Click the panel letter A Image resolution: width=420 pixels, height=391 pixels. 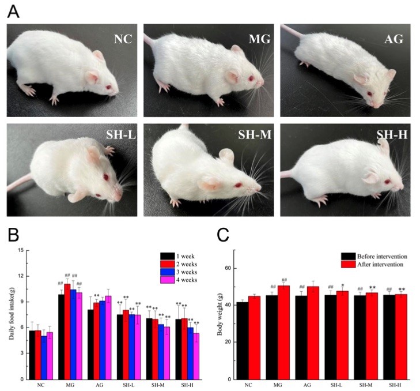[13, 12]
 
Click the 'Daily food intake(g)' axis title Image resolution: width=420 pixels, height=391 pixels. [11, 314]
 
